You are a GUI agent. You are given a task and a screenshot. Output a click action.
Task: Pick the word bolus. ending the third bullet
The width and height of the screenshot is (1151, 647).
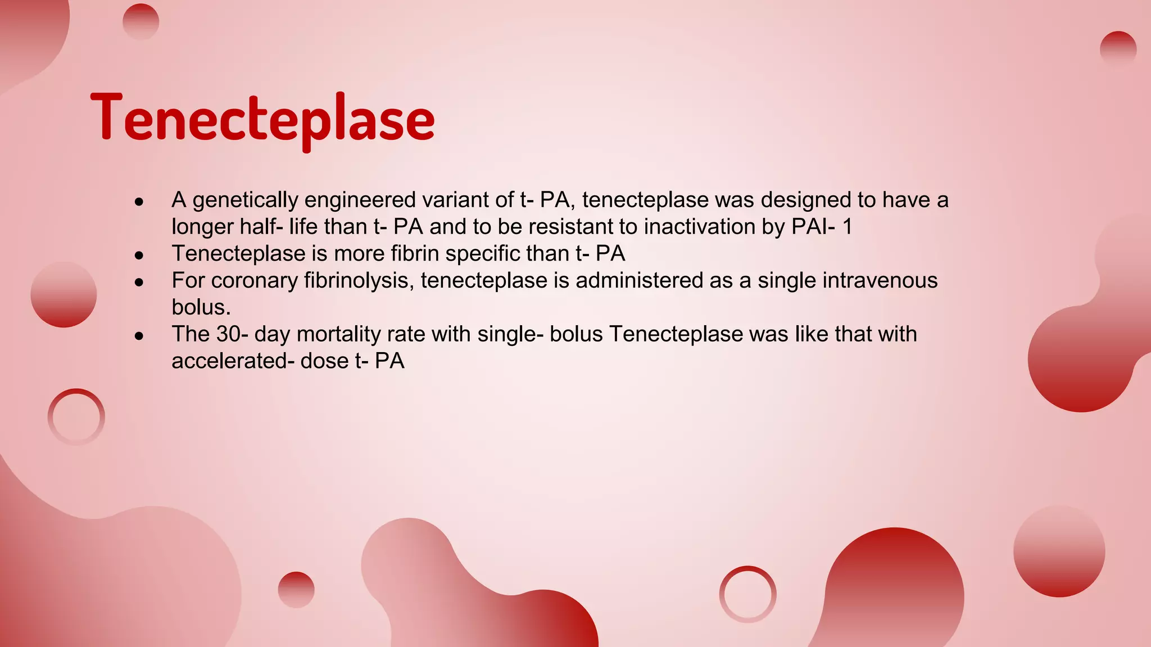point(201,307)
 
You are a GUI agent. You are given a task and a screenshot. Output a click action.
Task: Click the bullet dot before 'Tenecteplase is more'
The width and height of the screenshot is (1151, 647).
point(139,256)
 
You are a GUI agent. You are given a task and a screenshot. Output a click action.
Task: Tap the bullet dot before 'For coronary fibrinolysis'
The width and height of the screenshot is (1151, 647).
point(139,282)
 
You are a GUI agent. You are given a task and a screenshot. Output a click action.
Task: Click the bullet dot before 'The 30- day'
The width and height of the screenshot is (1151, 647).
point(139,336)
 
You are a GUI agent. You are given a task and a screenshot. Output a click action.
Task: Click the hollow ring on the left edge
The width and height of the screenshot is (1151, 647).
point(76,417)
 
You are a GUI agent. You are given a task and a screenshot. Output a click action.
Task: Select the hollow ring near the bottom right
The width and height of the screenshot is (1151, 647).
point(747,594)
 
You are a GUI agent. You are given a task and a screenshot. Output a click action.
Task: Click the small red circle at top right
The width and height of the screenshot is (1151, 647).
point(1118,49)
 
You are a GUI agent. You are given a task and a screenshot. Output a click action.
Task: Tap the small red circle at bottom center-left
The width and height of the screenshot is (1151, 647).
point(296,590)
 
